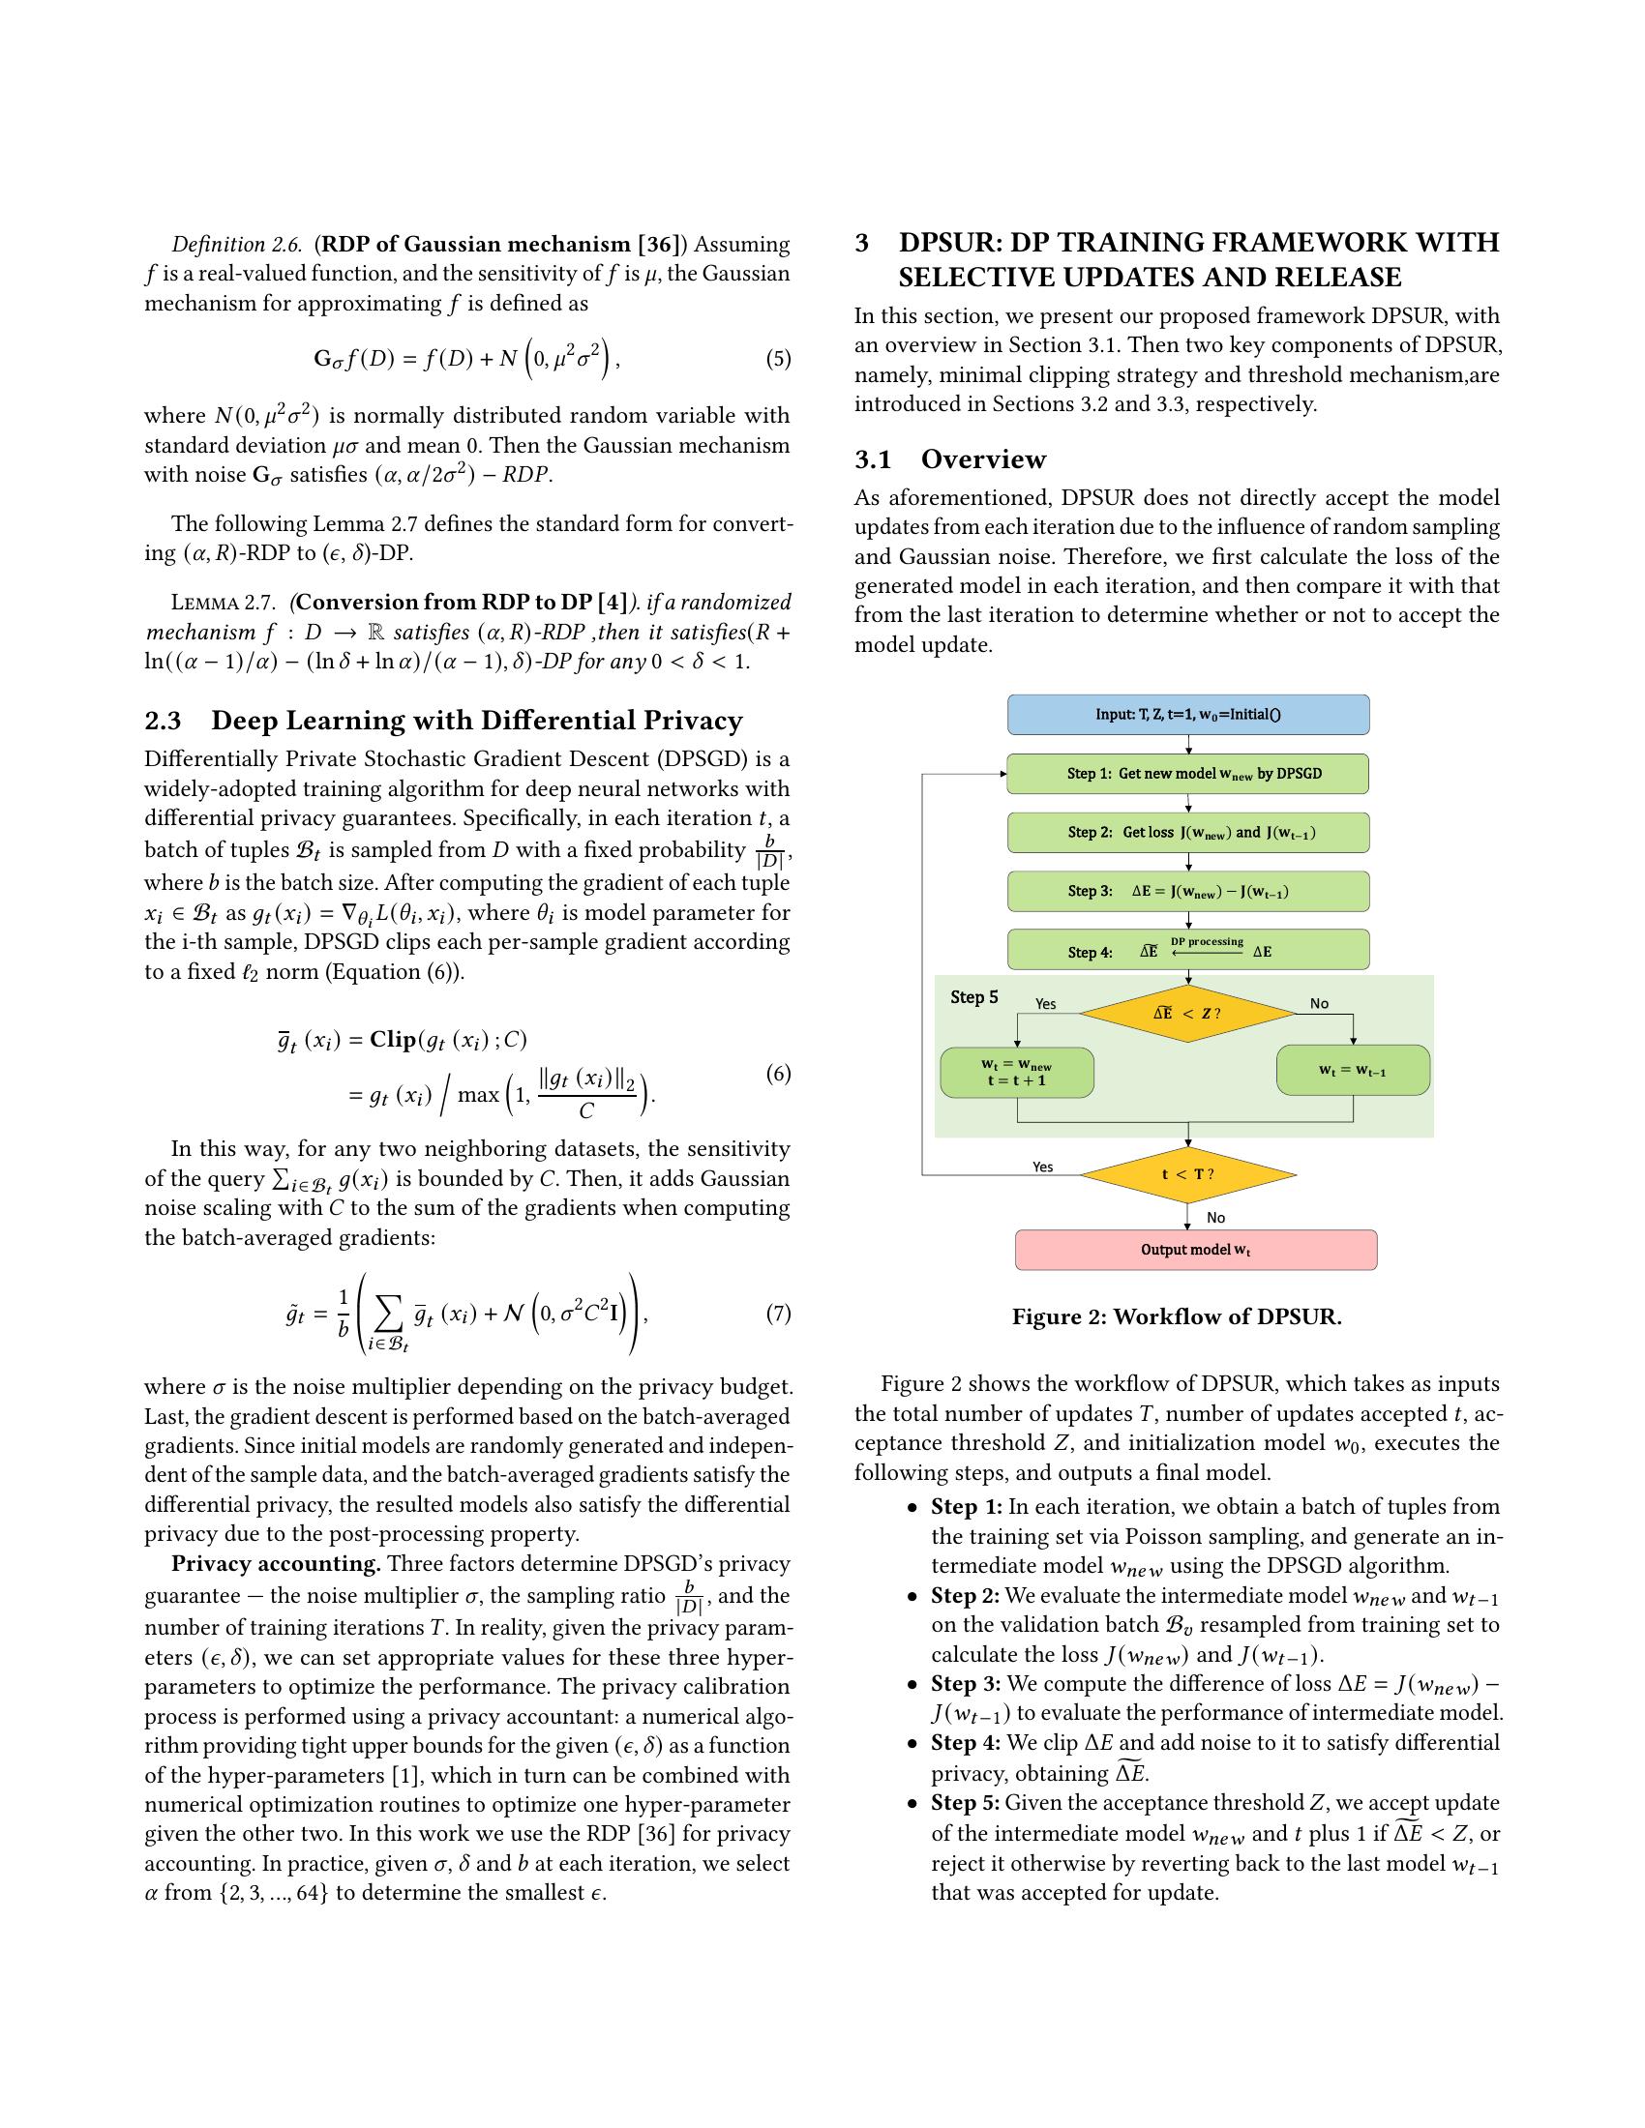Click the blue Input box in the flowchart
pyautogui.click(x=1187, y=714)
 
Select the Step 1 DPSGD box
pyautogui.click(x=1187, y=774)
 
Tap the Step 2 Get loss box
pyautogui.click(x=1187, y=833)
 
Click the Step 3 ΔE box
pyautogui.click(x=1187, y=892)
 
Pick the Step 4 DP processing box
pyautogui.click(x=1187, y=950)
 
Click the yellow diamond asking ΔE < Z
pyautogui.click(x=1187, y=1014)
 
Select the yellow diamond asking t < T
pyautogui.click(x=1187, y=1174)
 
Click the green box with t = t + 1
pyautogui.click(x=1016, y=1073)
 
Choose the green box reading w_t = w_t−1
pyautogui.click(x=1353, y=1071)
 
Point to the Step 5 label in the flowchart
pyautogui.click(x=973, y=996)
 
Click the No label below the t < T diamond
pyautogui.click(x=1215, y=1218)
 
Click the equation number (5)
pyautogui.click(x=778, y=359)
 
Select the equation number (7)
pyautogui.click(x=778, y=1314)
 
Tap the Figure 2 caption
pyautogui.click(x=1177, y=1317)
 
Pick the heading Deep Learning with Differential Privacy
pyautogui.click(x=476, y=721)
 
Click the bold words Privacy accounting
pyautogui.click(x=276, y=1564)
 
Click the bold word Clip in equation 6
pyautogui.click(x=393, y=1039)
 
